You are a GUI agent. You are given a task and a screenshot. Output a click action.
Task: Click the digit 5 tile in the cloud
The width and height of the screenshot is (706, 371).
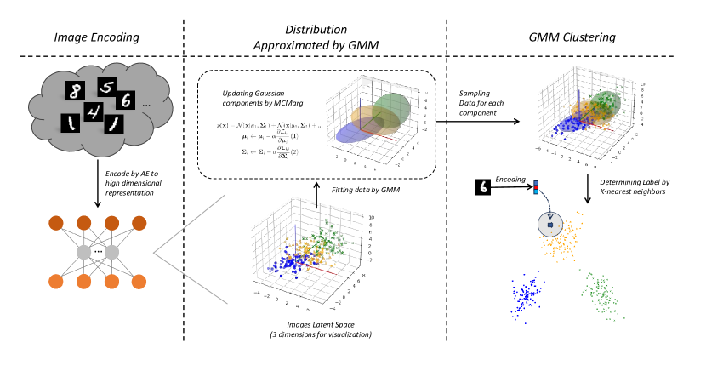(106, 86)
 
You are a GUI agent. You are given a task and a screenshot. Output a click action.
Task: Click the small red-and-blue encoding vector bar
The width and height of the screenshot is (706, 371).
(535, 187)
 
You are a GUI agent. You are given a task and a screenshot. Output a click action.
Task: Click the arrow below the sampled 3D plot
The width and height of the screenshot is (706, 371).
(587, 186)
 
